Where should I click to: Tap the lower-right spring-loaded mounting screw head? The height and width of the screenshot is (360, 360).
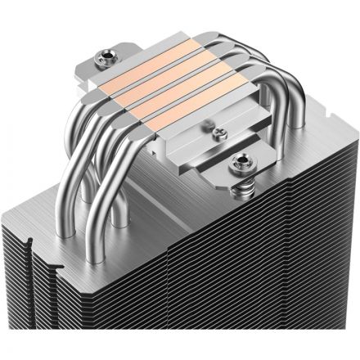pyautogui.click(x=242, y=160)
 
